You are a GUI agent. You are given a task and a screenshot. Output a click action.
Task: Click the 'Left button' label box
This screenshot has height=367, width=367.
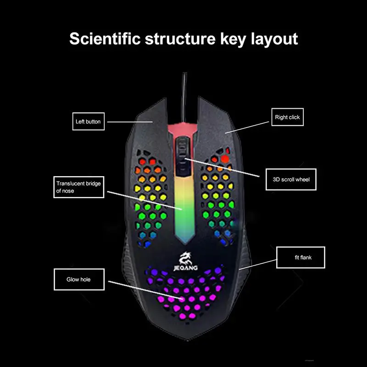tap(88, 122)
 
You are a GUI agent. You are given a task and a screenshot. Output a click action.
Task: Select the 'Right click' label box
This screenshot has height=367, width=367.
tap(287, 117)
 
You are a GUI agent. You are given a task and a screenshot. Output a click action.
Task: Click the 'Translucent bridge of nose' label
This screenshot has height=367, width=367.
tap(77, 187)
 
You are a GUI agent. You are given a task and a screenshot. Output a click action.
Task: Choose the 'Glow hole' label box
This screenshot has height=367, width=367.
tap(79, 279)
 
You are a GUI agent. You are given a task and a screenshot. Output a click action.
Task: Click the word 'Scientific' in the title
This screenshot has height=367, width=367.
tap(104, 39)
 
